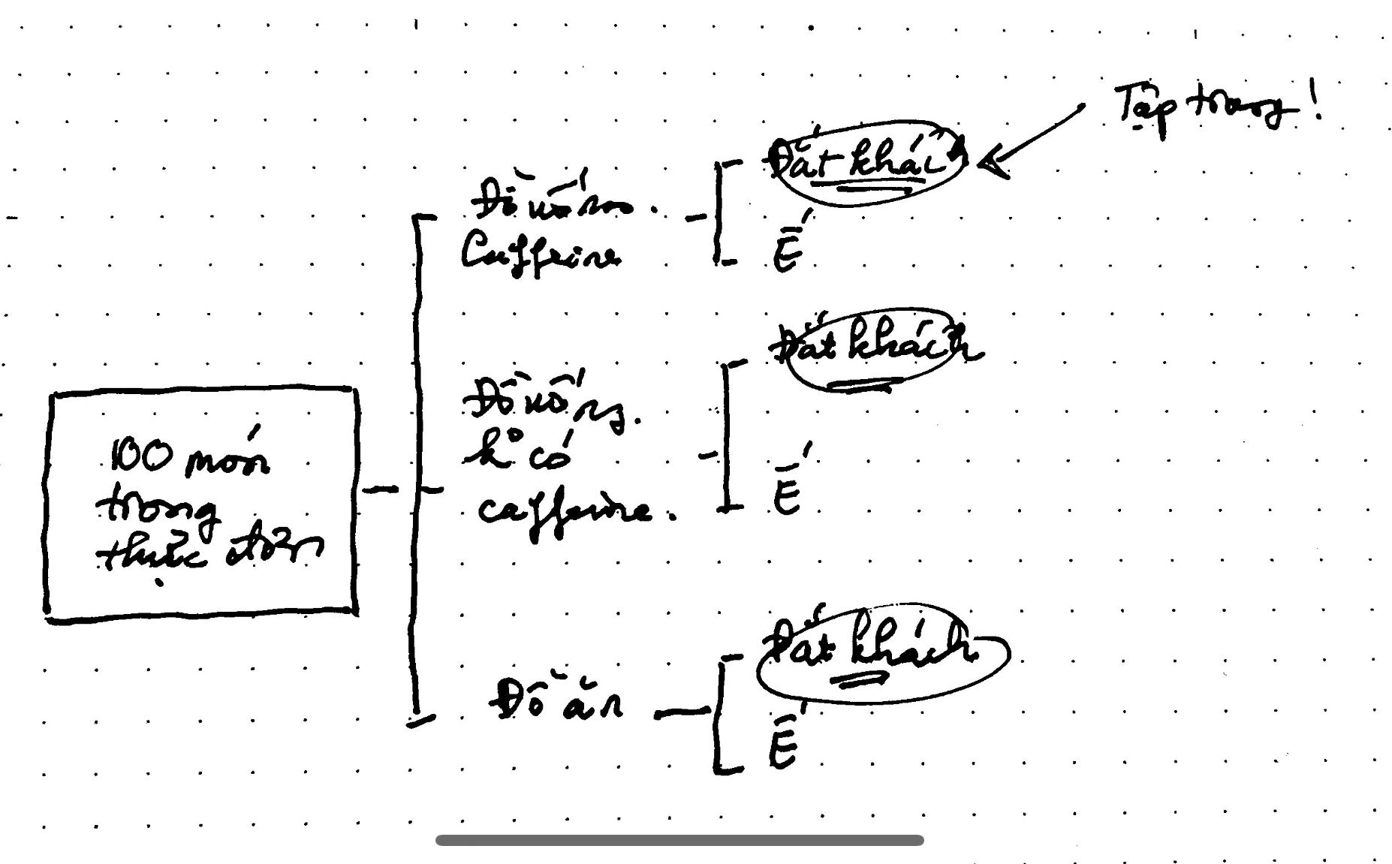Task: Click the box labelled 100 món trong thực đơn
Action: pos(201,504)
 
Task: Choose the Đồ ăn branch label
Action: pos(556,701)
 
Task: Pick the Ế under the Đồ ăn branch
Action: pos(783,742)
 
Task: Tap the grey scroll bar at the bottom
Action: pos(679,840)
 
